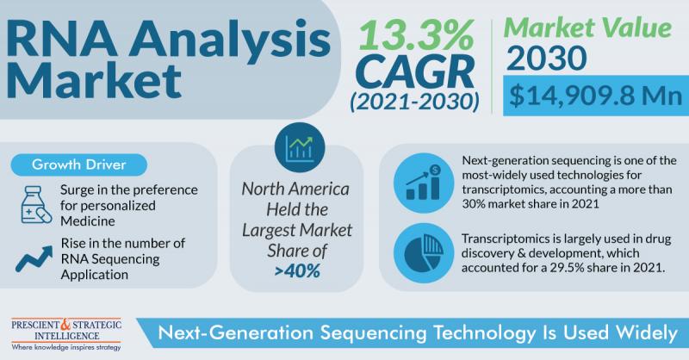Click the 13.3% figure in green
pyautogui.click(x=416, y=34)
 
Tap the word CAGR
pyautogui.click(x=415, y=72)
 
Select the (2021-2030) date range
pyautogui.click(x=415, y=102)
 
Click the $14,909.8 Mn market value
pyautogui.click(x=595, y=96)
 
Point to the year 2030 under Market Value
pyautogui.click(x=546, y=58)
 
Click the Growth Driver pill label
pyautogui.click(x=79, y=164)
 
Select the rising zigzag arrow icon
pyautogui.click(x=34, y=258)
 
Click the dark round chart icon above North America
pyautogui.click(x=300, y=147)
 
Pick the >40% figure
pyautogui.click(x=297, y=271)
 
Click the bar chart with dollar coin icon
pyautogui.click(x=423, y=183)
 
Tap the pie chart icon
pyautogui.click(x=423, y=252)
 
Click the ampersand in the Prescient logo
pyautogui.click(x=65, y=325)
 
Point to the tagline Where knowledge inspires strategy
pyautogui.click(x=66, y=347)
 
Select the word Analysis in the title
pyautogui.click(x=234, y=39)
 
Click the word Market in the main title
pyautogui.click(x=94, y=81)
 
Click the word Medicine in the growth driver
pyautogui.click(x=88, y=221)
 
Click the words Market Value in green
pyautogui.click(x=588, y=28)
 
